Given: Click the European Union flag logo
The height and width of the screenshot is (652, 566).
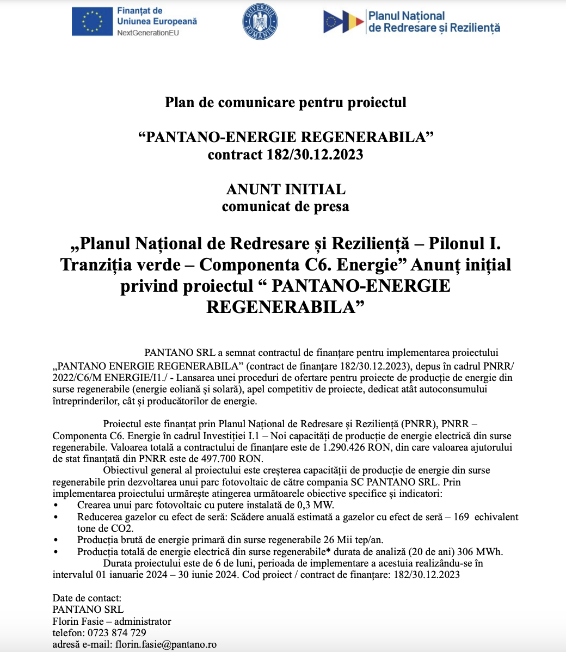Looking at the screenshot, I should coord(91,22).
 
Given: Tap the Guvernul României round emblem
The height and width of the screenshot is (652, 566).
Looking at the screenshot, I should coord(260,22).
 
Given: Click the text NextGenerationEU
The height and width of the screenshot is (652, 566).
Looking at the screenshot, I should coord(147,33).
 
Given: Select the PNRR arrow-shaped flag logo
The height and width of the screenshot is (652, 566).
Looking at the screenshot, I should coord(343,22).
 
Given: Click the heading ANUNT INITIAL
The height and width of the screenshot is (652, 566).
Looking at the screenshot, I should coord(285,189).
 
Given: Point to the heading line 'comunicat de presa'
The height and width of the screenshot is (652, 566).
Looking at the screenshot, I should coord(285,207).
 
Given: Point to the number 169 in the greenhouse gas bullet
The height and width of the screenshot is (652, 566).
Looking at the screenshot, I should coord(461,517).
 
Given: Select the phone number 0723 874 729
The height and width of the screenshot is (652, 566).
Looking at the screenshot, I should coord(115,632).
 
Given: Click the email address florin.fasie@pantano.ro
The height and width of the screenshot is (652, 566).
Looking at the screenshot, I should coord(165,644).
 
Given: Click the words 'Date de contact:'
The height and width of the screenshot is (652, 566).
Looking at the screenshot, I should coord(87,598).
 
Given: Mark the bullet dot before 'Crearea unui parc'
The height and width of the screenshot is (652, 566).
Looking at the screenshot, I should coord(57,506).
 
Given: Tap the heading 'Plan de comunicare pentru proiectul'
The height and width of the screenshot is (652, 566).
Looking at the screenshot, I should coord(285,102).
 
